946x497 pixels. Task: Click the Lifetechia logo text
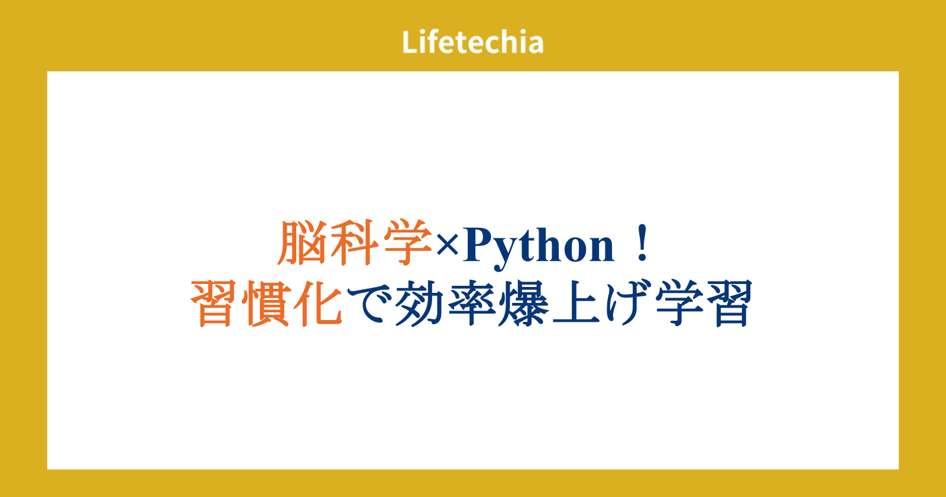point(472,42)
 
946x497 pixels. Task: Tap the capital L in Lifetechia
point(410,42)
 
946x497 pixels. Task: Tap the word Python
point(539,247)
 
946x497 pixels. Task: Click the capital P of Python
point(480,245)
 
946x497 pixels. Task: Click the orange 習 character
point(214,304)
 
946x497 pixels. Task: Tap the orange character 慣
point(266,304)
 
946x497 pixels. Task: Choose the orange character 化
point(318,304)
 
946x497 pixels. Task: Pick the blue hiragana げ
point(627,304)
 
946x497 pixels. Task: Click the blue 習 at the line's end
point(728,304)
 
